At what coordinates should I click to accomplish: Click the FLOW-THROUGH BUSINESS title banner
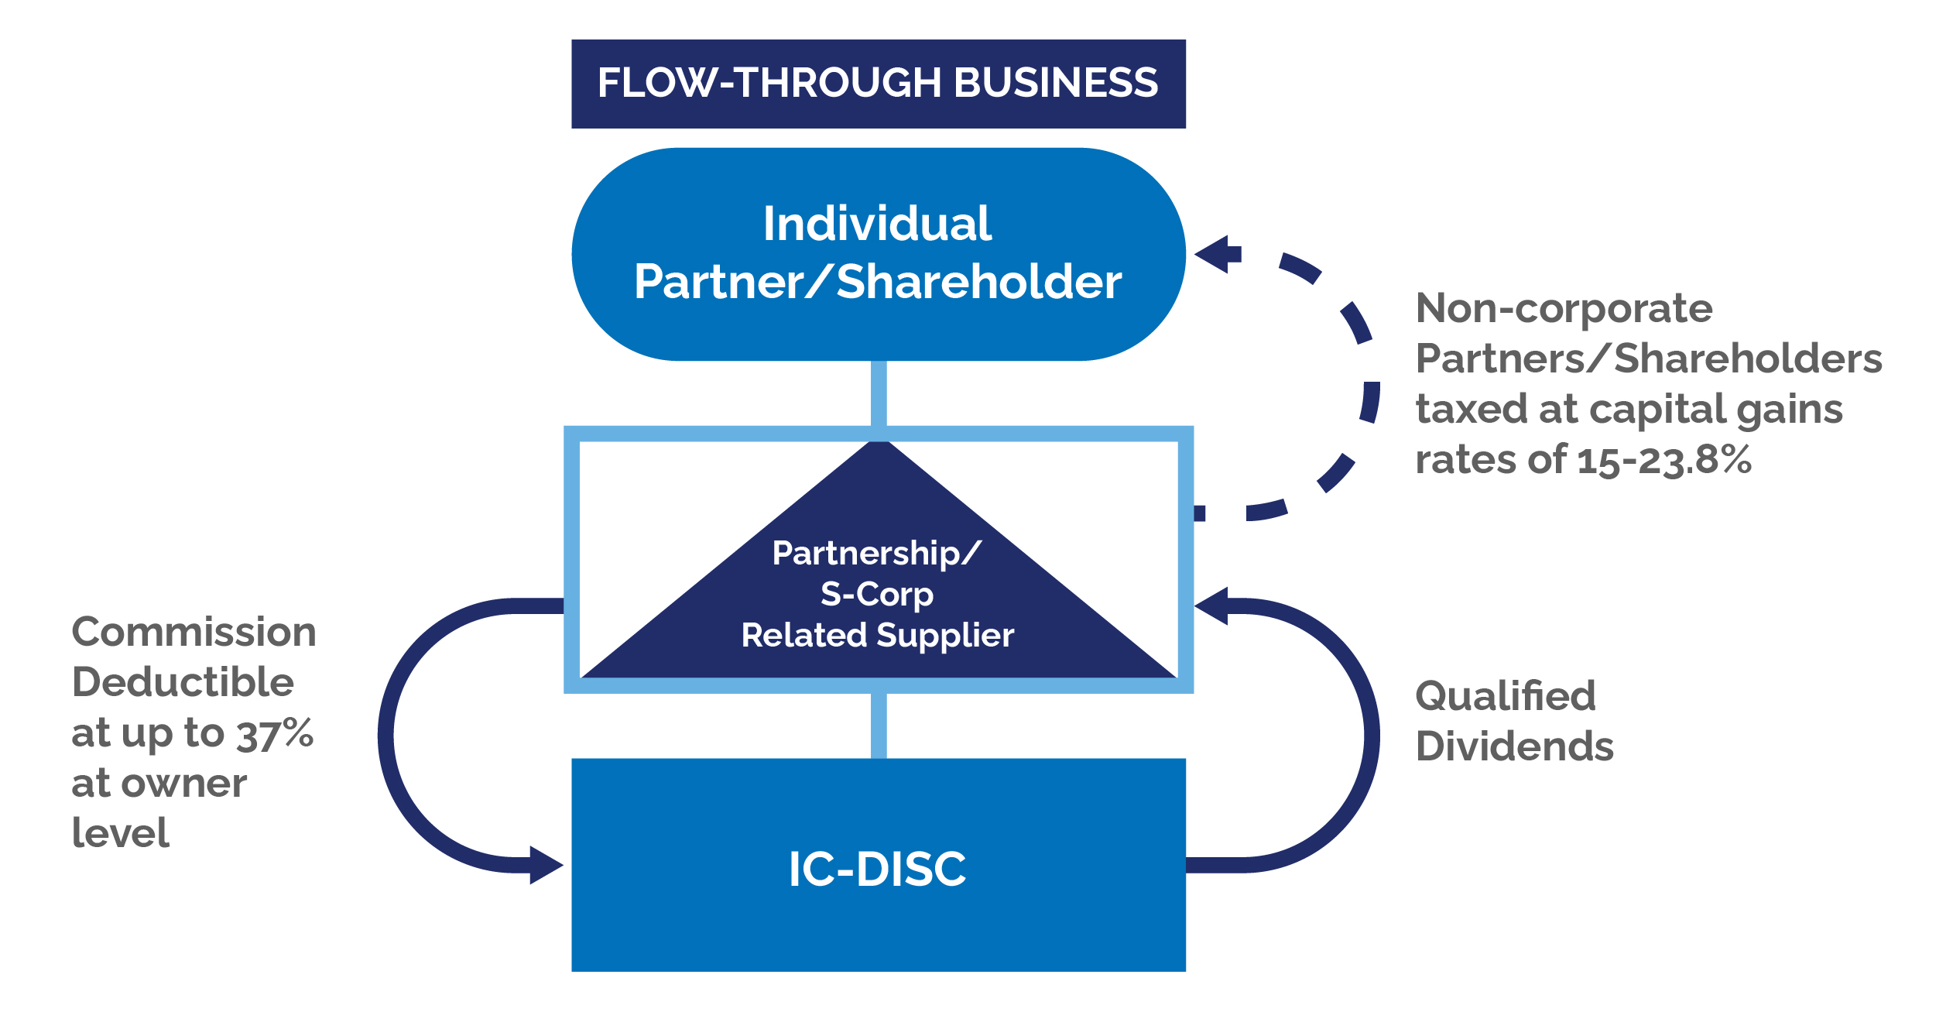pyautogui.click(x=878, y=84)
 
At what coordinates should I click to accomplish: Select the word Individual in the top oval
pyautogui.click(x=877, y=224)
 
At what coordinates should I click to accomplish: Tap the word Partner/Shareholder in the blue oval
pyautogui.click(x=878, y=281)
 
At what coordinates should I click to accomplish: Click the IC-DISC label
pyautogui.click(x=877, y=869)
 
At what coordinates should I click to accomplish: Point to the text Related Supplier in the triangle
pyautogui.click(x=877, y=635)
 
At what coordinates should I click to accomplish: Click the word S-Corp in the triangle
pyautogui.click(x=877, y=595)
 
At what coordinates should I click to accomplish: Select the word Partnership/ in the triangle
pyautogui.click(x=877, y=554)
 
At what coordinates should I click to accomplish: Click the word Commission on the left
pyautogui.click(x=194, y=632)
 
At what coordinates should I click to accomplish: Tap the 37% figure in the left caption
pyautogui.click(x=275, y=733)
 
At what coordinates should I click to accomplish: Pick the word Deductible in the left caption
pyautogui.click(x=183, y=682)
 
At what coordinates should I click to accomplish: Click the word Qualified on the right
pyautogui.click(x=1506, y=695)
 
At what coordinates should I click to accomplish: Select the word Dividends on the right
pyautogui.click(x=1514, y=746)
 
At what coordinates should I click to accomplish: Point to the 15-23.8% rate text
pyautogui.click(x=1664, y=460)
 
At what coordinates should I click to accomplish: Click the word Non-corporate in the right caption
pyautogui.click(x=1564, y=308)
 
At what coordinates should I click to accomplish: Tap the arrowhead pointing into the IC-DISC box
pyautogui.click(x=546, y=865)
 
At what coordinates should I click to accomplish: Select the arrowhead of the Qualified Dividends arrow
pyautogui.click(x=1213, y=606)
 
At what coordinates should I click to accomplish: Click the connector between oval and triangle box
pyautogui.click(x=879, y=393)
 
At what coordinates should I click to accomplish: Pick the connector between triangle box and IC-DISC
pyautogui.click(x=879, y=726)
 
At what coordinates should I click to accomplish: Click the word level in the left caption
pyautogui.click(x=120, y=834)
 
